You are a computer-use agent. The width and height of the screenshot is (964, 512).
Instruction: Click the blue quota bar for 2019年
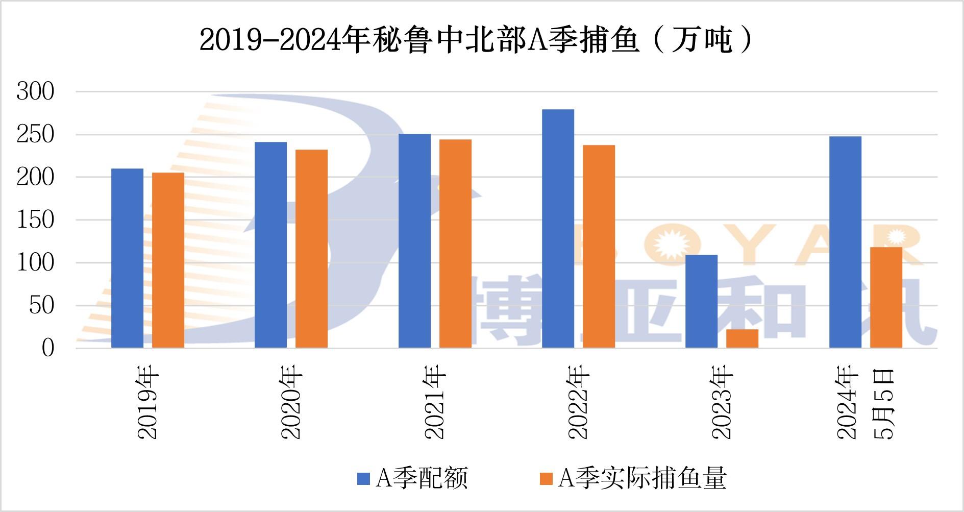[127, 258]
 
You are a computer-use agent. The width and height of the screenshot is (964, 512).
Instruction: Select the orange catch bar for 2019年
[168, 260]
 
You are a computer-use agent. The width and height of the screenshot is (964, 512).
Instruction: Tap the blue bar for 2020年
[270, 245]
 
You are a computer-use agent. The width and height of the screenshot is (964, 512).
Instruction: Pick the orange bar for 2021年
[455, 243]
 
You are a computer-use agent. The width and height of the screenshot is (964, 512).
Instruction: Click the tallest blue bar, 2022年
[558, 229]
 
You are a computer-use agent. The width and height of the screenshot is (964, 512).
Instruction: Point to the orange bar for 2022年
[599, 247]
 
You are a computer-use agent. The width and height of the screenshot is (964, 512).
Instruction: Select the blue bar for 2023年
[701, 301]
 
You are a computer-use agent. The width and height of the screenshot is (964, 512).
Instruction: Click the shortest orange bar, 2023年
[742, 338]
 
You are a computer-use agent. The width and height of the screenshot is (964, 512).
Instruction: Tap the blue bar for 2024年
[845, 242]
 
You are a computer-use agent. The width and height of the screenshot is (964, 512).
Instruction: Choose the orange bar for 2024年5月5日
[886, 298]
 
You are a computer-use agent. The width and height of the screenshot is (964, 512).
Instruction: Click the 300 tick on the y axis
[35, 92]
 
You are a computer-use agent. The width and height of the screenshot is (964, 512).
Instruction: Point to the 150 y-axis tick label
[35, 220]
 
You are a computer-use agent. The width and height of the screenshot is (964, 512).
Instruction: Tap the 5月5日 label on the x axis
[885, 403]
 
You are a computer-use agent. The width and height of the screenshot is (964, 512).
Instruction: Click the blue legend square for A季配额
[363, 478]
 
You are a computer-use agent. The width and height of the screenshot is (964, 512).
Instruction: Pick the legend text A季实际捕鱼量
[642, 478]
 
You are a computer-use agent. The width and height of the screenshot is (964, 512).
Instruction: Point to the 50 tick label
[41, 306]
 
